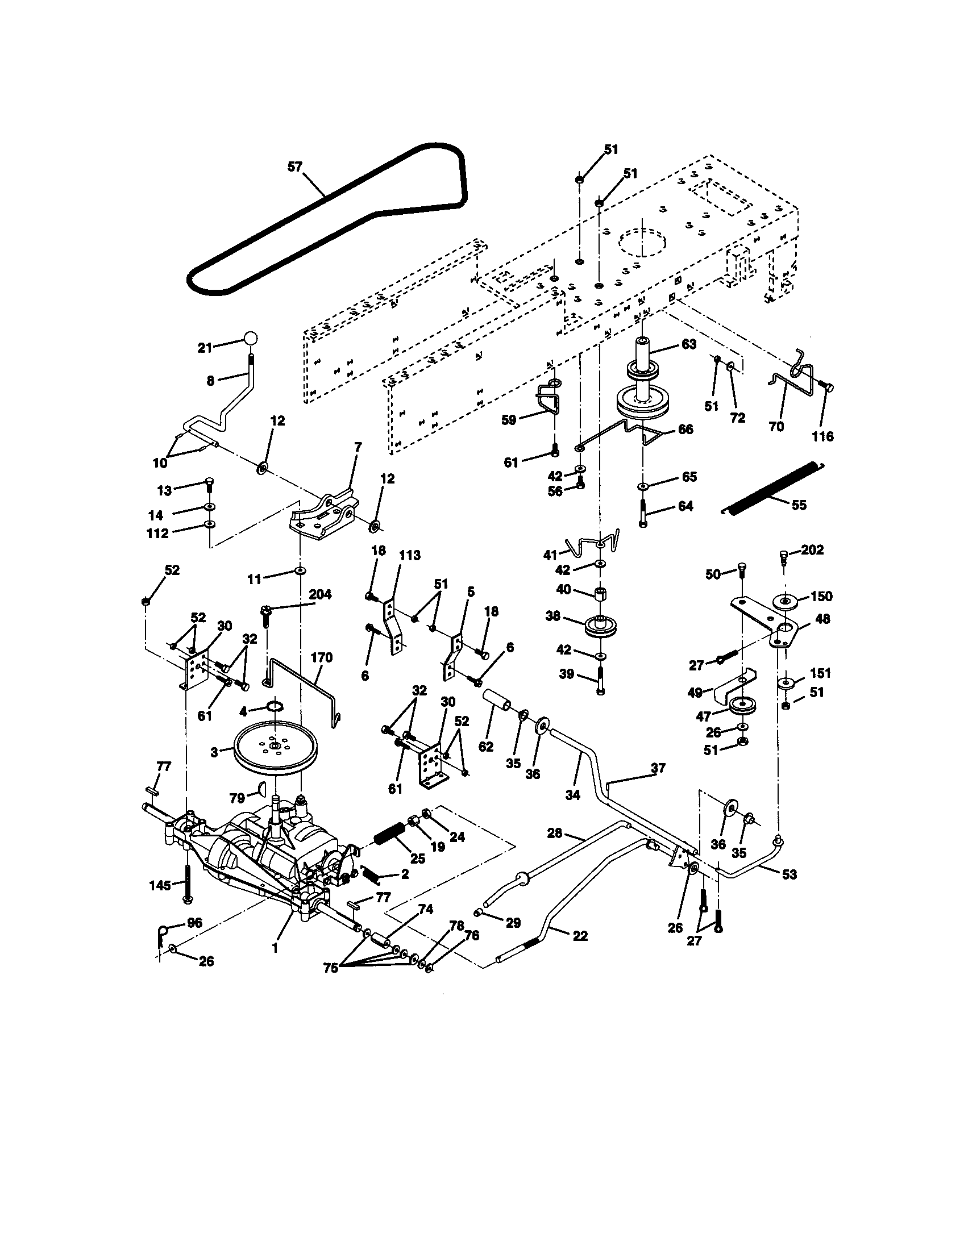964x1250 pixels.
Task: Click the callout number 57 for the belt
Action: (x=294, y=167)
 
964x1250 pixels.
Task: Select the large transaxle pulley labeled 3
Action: (x=275, y=749)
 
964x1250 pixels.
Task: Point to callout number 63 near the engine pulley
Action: (x=689, y=344)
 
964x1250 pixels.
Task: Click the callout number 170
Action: (x=321, y=657)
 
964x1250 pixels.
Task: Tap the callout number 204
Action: (x=320, y=595)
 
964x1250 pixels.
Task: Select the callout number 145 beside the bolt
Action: (x=160, y=885)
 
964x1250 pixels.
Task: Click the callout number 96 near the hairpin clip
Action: (x=194, y=923)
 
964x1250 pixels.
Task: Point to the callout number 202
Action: (x=812, y=549)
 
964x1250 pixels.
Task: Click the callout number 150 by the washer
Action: (x=821, y=596)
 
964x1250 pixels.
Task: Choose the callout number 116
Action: (x=822, y=437)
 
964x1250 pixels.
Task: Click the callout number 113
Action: (x=409, y=555)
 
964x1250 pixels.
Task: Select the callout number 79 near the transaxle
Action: (x=237, y=798)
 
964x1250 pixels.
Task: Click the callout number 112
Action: (x=157, y=534)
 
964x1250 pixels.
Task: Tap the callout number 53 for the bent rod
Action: (x=789, y=874)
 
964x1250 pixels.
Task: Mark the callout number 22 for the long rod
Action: (x=580, y=936)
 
